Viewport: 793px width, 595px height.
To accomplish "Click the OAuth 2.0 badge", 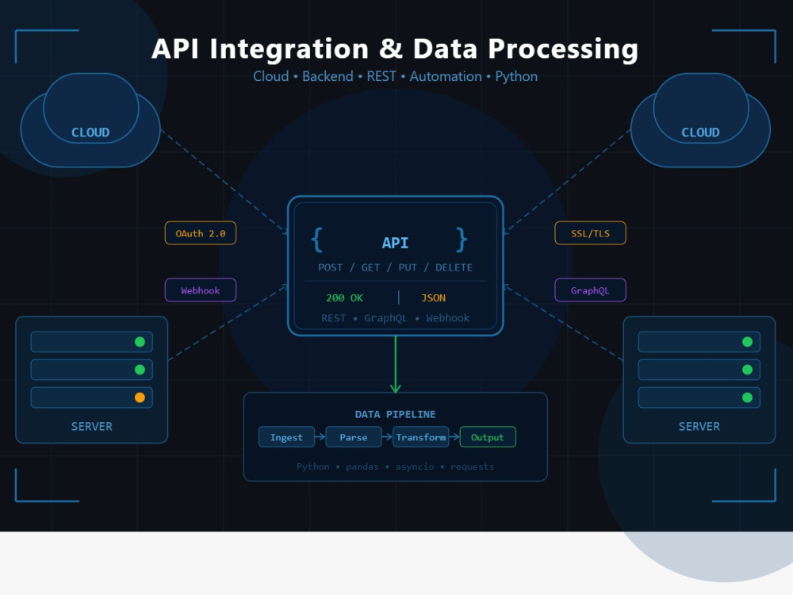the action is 201,233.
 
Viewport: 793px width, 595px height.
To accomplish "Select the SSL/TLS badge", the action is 590,233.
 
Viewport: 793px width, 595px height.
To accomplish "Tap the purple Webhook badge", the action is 201,290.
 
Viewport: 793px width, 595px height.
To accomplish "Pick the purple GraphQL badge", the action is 590,290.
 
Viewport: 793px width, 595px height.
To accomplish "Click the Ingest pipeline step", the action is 286,437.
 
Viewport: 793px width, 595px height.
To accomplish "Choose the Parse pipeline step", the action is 354,437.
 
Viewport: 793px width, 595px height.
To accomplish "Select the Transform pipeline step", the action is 421,437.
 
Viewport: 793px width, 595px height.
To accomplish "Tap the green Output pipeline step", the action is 488,437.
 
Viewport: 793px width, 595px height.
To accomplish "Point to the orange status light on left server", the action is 140,397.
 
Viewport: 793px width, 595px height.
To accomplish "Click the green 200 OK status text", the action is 344,298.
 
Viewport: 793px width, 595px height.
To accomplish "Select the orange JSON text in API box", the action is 434,298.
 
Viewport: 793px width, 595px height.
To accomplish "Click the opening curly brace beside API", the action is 317,240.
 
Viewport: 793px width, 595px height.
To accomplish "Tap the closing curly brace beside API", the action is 462,240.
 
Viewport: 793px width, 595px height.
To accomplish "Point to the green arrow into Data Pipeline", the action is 396,364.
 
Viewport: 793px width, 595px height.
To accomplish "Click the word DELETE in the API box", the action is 454,267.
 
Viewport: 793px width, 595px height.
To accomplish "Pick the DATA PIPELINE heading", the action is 396,414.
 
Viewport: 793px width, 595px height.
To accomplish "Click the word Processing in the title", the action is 563,49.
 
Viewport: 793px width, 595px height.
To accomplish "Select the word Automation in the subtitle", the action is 446,76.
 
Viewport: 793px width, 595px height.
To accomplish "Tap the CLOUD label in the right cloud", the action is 700,132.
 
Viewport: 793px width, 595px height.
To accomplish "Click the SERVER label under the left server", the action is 91,427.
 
